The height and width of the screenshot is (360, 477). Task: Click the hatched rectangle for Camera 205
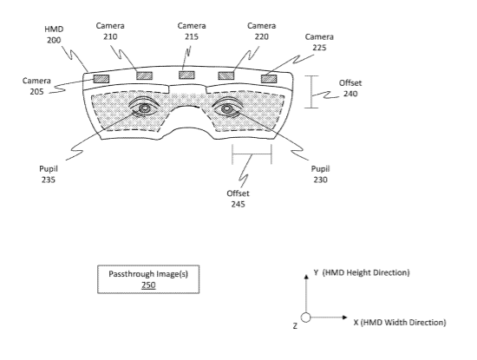[x=101, y=79]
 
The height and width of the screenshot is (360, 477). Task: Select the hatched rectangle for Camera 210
[x=144, y=75]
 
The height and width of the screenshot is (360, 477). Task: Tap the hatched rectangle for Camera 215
[x=186, y=75]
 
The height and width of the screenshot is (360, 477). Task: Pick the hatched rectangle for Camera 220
[x=226, y=75]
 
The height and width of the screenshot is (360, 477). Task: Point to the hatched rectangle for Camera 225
[x=269, y=79]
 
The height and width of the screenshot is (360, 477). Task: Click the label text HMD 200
[x=54, y=35]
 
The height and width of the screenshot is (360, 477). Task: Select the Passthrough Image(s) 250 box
[x=148, y=279]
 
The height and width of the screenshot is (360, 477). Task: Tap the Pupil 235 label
[x=49, y=174]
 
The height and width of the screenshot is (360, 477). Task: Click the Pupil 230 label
[x=320, y=174]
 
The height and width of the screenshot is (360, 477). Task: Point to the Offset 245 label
[x=238, y=199]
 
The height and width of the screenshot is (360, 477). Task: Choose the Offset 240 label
[x=350, y=88]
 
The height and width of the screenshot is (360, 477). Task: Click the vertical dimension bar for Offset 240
[x=311, y=92]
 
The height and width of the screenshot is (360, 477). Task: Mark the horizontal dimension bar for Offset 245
[x=252, y=154]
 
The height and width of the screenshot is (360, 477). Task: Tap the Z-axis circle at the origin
[x=306, y=317]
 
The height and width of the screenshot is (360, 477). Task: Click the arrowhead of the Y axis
[x=306, y=277]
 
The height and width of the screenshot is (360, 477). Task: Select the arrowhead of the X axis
[x=344, y=317]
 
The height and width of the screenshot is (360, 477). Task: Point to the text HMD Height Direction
[x=366, y=272]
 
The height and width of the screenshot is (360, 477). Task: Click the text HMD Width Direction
[x=403, y=323]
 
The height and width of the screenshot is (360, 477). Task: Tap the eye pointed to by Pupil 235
[x=144, y=108]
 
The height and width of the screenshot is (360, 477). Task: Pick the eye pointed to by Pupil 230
[x=226, y=108]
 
